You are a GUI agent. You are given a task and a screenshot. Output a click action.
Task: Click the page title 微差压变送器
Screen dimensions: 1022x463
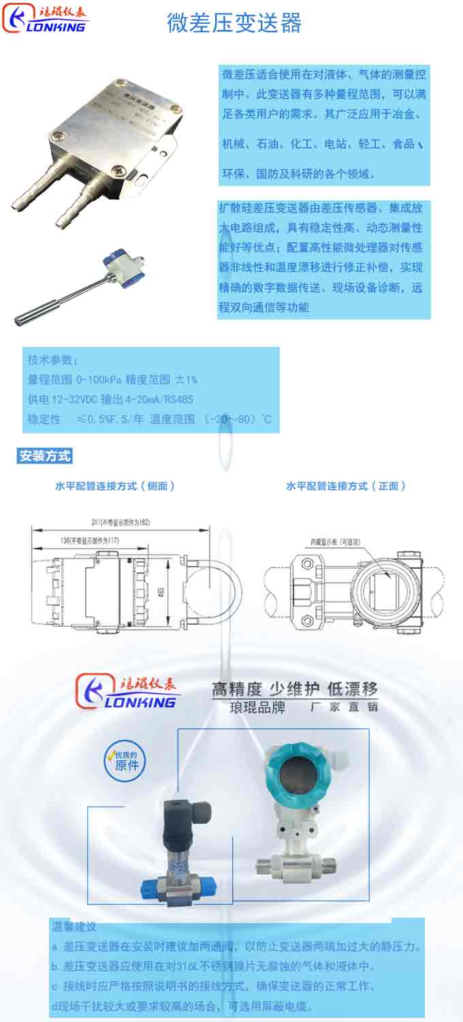(234, 22)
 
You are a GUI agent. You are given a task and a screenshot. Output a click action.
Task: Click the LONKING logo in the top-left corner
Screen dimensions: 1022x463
(46, 19)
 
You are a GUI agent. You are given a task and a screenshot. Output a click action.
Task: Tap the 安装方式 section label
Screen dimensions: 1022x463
(44, 456)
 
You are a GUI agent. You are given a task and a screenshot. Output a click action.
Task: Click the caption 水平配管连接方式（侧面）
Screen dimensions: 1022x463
(115, 486)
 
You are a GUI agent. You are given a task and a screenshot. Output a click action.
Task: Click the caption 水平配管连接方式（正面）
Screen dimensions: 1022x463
(346, 486)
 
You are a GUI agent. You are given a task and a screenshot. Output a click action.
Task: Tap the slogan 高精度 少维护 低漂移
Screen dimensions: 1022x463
(294, 689)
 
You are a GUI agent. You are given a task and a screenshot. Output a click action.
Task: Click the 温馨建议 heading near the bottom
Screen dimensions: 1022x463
(74, 927)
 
